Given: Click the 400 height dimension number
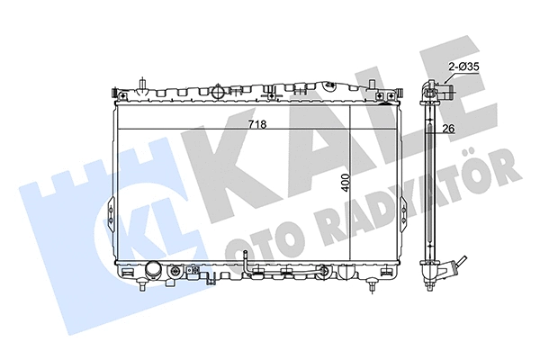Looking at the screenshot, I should coord(346,184).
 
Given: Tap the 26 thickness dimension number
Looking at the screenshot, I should coord(447,129).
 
